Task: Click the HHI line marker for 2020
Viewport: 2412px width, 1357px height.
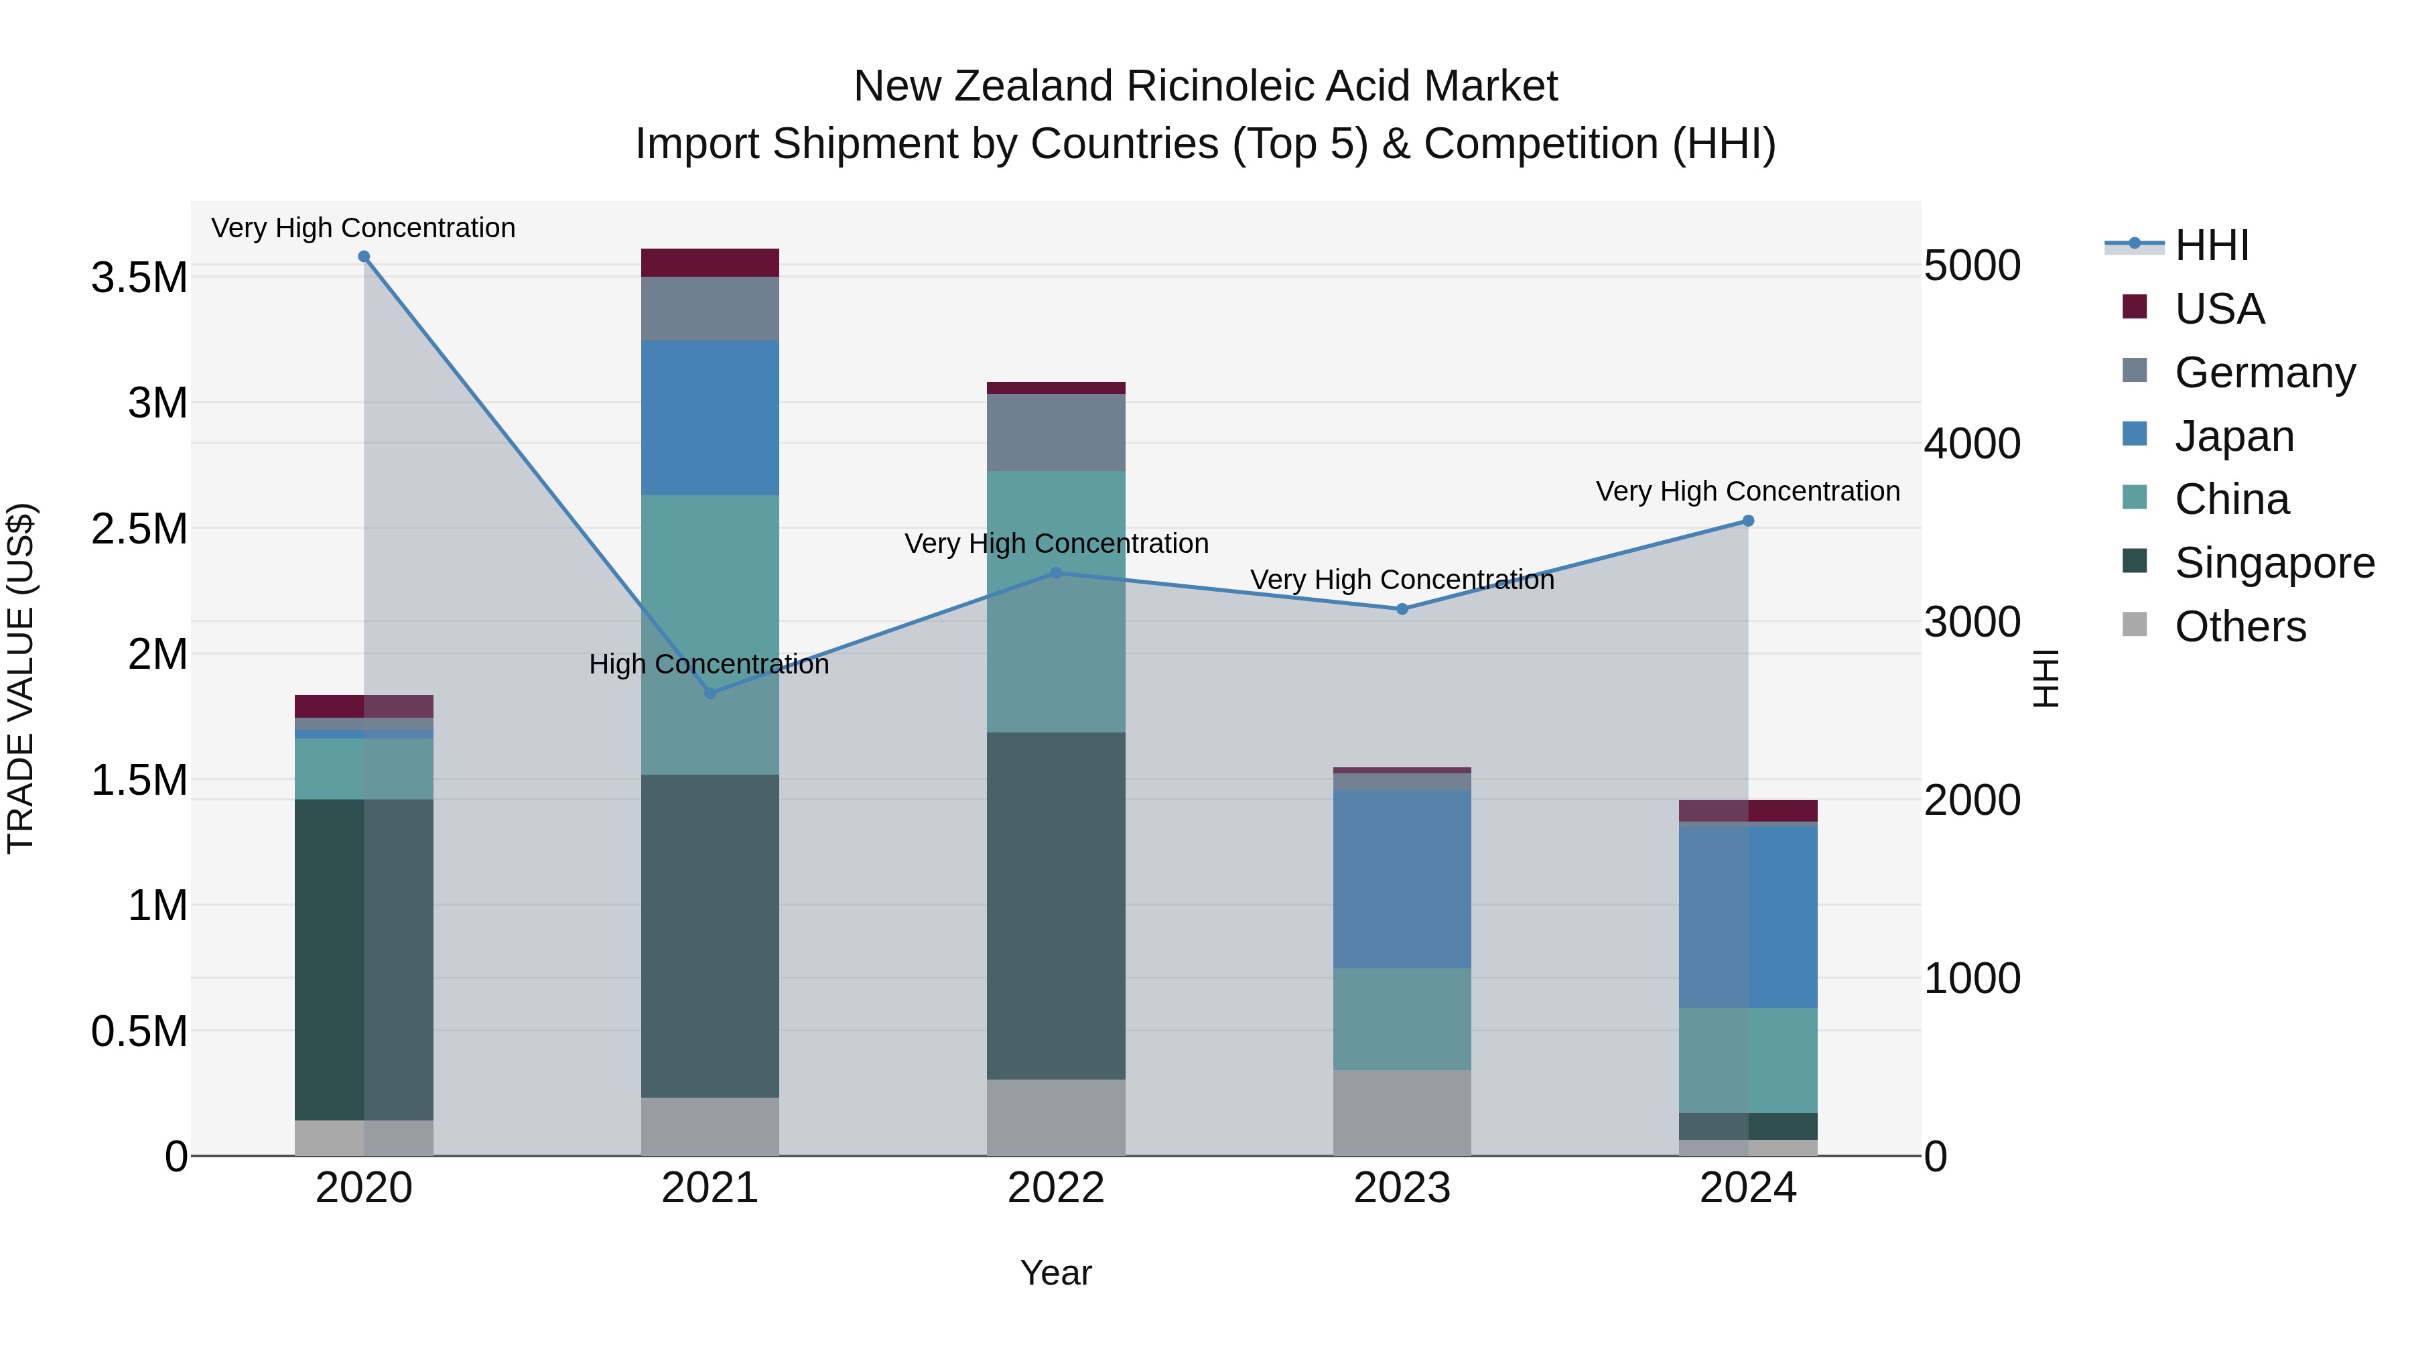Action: [x=364, y=257]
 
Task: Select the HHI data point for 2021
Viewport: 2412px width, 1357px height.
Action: [x=710, y=693]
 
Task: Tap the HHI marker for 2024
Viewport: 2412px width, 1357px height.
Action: [x=1748, y=521]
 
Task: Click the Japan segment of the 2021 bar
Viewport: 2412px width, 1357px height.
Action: [x=710, y=417]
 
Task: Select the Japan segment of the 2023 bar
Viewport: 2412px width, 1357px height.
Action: [x=1402, y=879]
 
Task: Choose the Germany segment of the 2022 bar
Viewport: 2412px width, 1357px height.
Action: [x=1056, y=433]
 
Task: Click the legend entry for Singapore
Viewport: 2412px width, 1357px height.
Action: [x=2273, y=563]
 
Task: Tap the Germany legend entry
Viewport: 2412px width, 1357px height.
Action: [x=2264, y=373]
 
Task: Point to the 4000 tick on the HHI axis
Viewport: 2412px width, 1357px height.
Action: [x=1972, y=444]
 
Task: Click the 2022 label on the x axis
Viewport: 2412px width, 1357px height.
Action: [x=1056, y=1188]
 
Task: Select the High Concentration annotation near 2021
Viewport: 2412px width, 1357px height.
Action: [x=709, y=664]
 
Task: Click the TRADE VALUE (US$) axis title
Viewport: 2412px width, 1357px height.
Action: [x=21, y=678]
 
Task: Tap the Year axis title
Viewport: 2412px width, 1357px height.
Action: [x=1055, y=1273]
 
